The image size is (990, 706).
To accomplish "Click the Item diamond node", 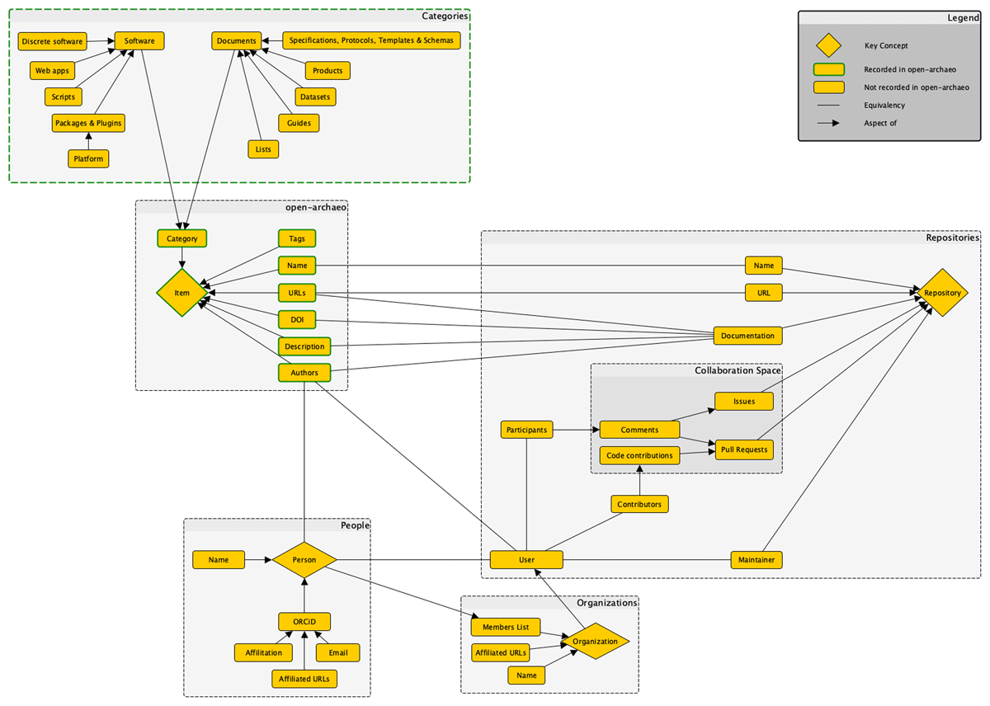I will pos(181,293).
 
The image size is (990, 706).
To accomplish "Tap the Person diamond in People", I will pos(304,560).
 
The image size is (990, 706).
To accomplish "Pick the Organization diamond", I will pos(595,642).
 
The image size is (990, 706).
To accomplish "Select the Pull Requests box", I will pos(743,449).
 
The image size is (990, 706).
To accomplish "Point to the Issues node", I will pos(743,401).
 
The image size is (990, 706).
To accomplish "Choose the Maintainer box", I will pos(756,560).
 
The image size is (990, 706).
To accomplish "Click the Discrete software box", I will pos(52,40).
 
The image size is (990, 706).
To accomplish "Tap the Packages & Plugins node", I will pos(88,123).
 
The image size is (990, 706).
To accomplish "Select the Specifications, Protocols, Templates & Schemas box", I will pos(371,40).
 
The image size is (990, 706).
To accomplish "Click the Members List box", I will pos(506,627).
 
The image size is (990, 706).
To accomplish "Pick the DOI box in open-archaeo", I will pos(297,320).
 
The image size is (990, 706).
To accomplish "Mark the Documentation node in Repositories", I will pos(747,336).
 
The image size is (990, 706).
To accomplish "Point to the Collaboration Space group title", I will pos(737,371).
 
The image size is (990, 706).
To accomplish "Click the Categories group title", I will pos(445,16).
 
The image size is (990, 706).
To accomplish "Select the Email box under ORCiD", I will pos(337,652).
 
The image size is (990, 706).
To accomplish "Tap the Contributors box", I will pos(639,503).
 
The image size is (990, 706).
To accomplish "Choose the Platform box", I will pos(88,158).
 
